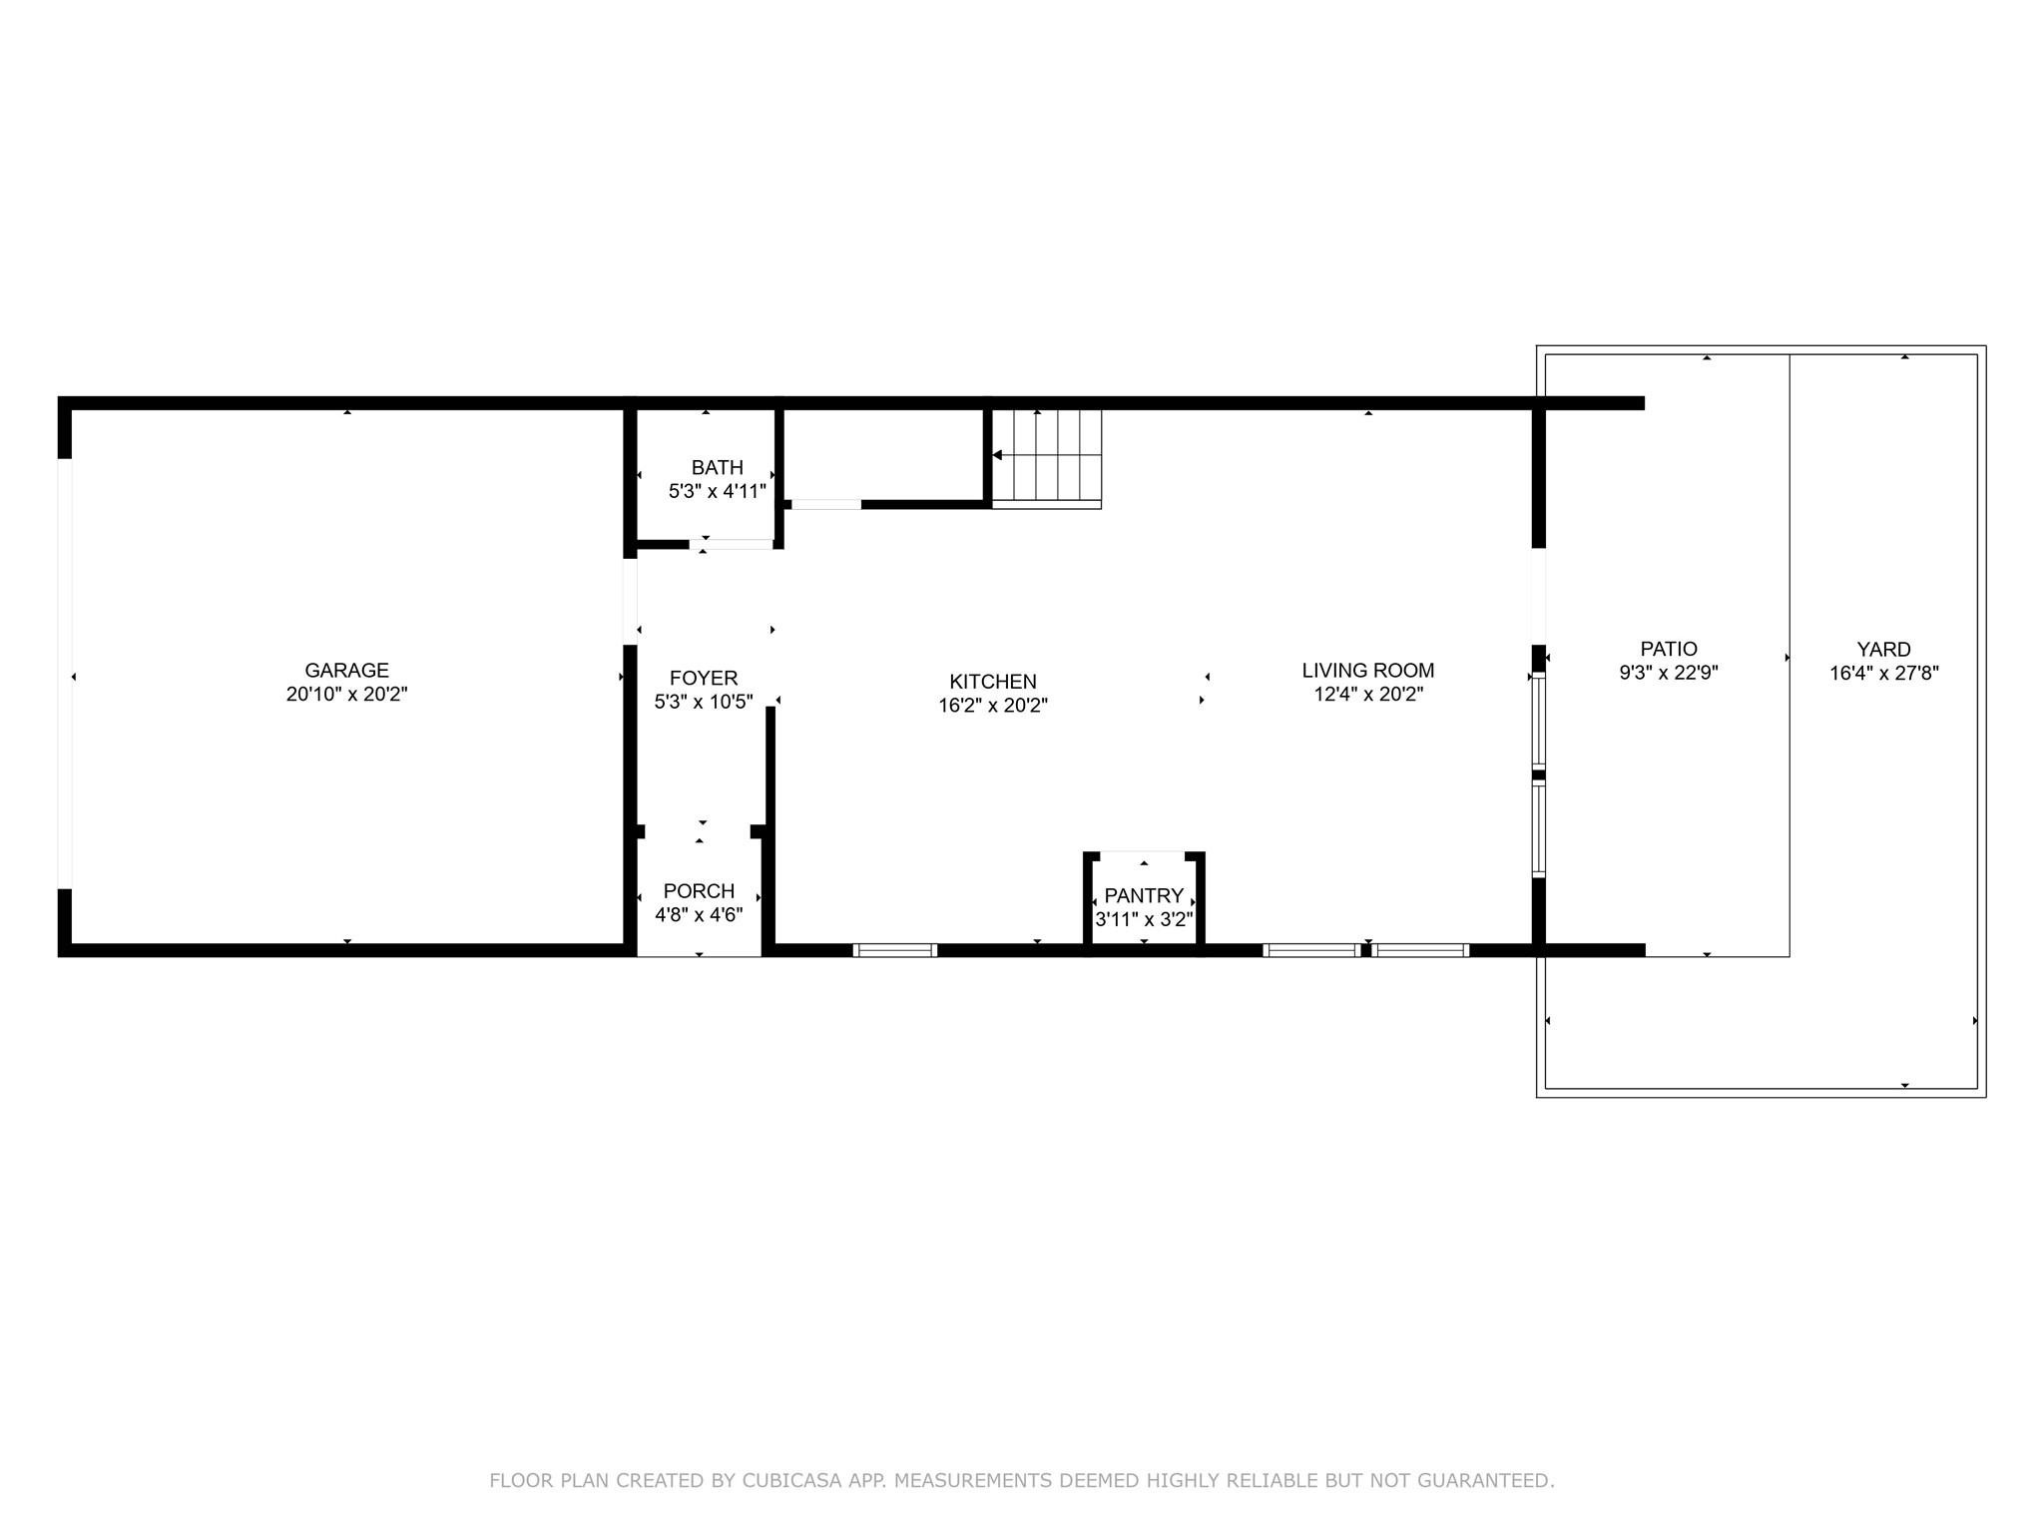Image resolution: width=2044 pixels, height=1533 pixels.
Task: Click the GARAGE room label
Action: click(x=346, y=671)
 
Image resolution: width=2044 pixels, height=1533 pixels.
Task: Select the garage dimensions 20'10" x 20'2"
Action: click(x=346, y=695)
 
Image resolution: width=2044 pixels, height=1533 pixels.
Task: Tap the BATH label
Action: click(x=717, y=467)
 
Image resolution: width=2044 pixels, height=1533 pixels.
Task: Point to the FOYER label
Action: click(x=704, y=679)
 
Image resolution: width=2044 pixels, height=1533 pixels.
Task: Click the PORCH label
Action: click(x=699, y=891)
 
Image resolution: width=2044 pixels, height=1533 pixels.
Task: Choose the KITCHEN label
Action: click(x=992, y=682)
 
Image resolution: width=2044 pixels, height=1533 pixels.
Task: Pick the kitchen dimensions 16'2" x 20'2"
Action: click(x=992, y=707)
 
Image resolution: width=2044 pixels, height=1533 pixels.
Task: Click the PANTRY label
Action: click(x=1144, y=896)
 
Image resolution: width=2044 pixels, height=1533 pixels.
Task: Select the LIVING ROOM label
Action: click(x=1367, y=671)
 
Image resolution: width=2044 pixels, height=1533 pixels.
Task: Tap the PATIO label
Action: click(x=1668, y=649)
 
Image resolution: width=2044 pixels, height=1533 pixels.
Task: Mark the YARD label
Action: click(x=1883, y=650)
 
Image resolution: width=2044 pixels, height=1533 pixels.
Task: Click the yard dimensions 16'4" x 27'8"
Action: click(x=1883, y=674)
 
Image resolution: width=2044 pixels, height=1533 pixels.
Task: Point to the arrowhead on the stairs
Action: click(x=997, y=455)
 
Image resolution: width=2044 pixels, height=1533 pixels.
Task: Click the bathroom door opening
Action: click(x=732, y=545)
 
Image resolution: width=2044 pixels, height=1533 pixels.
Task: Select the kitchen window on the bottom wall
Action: click(x=895, y=950)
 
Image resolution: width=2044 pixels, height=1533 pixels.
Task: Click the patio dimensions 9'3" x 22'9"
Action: click(x=1668, y=674)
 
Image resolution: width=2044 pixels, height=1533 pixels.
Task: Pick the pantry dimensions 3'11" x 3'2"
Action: click(x=1144, y=920)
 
